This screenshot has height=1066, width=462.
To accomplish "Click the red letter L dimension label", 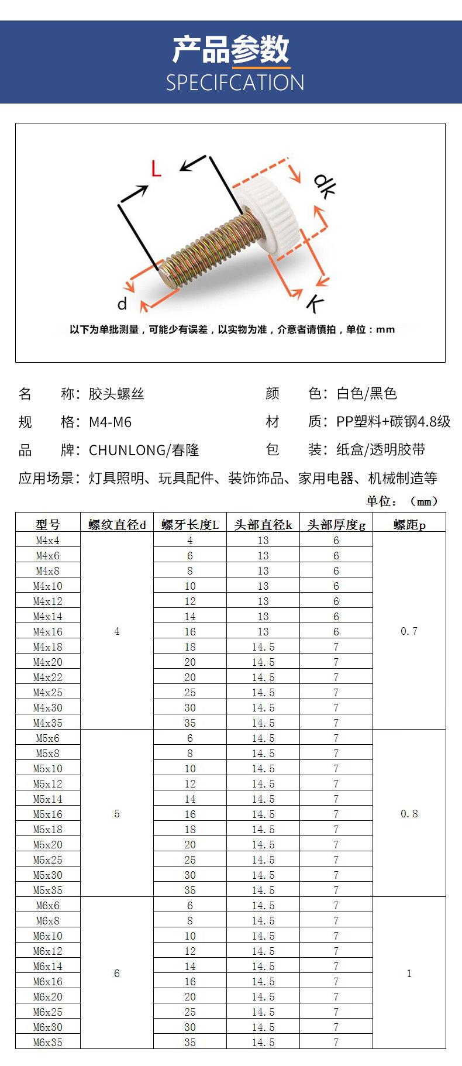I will click(156, 169).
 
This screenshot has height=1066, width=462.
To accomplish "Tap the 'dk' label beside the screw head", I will click(324, 185).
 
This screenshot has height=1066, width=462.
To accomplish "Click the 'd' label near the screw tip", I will click(122, 304).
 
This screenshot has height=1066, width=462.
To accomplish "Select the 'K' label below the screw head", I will click(315, 304).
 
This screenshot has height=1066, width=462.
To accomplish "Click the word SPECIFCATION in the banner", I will click(235, 83).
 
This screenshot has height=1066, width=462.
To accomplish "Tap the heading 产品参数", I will click(231, 49).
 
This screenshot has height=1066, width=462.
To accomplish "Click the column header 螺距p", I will click(409, 525).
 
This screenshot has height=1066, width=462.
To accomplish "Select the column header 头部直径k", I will click(263, 525).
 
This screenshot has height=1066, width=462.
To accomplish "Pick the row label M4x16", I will click(48, 632).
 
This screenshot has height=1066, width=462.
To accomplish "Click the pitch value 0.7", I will click(409, 631).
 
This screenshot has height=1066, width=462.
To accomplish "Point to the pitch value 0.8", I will click(409, 814).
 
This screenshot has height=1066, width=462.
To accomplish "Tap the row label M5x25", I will click(48, 860).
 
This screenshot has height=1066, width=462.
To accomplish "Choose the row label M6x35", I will click(48, 1043).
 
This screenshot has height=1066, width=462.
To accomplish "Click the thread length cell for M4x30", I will click(190, 708).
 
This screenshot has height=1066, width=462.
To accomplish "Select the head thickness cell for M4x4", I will click(336, 541).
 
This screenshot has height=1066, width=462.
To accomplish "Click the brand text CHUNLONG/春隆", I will click(144, 450).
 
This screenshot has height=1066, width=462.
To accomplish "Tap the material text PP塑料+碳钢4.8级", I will click(393, 422).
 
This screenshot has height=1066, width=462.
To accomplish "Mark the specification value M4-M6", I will click(111, 422).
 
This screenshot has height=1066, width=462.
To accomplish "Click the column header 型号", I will click(48, 525).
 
